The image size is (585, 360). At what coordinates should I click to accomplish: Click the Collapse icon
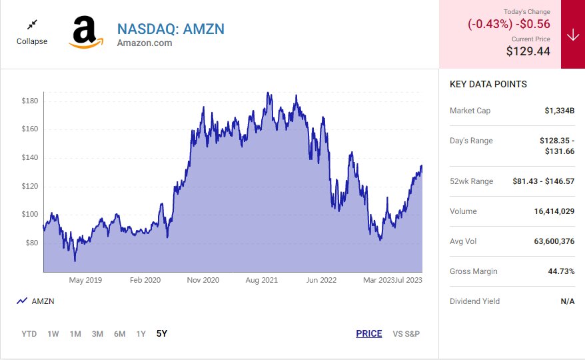click(32, 25)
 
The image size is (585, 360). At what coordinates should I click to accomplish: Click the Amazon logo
click(85, 33)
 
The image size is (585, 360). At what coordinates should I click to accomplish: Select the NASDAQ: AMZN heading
click(171, 29)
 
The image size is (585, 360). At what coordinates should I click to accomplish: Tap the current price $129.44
click(528, 51)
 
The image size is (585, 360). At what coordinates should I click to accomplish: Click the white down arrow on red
click(573, 35)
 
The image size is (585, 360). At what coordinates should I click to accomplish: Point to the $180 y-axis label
click(30, 101)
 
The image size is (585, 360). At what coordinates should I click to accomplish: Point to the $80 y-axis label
click(32, 243)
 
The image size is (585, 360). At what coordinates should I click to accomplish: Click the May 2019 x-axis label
click(85, 280)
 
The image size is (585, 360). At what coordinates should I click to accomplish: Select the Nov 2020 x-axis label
click(203, 280)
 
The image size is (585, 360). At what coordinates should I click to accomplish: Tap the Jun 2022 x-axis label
click(320, 280)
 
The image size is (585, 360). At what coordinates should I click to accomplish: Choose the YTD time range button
click(29, 334)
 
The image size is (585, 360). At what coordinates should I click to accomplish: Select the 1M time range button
click(75, 334)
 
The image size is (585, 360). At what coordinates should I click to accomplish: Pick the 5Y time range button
click(162, 333)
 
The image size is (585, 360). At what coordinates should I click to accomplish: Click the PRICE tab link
click(369, 334)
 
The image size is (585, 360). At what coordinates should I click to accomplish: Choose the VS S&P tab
click(406, 334)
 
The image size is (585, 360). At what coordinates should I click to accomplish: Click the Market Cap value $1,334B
click(559, 111)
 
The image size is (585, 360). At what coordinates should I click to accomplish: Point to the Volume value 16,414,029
click(554, 211)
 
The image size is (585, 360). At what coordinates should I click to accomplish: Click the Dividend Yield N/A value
click(567, 301)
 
